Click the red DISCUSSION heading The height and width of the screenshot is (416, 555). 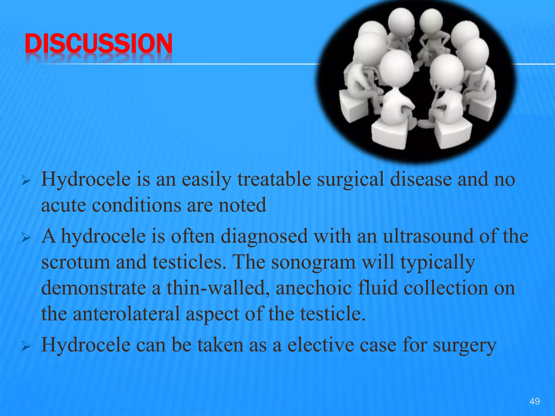pos(98,43)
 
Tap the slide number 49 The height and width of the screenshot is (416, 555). pos(534,401)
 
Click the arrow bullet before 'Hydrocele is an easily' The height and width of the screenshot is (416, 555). pos(26,181)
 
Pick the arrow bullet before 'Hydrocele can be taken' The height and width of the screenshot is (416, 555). pos(26,346)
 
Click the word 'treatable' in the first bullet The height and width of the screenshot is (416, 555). pos(274,180)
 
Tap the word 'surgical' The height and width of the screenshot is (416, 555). pos(350,180)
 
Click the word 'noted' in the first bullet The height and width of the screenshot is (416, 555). pos(242,205)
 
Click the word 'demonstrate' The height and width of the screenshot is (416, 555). pos(94,288)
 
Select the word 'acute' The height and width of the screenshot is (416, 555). pos(63,205)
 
